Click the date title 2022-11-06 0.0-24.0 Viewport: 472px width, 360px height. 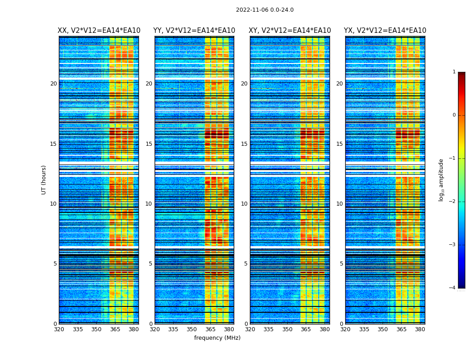pyautogui.click(x=265, y=10)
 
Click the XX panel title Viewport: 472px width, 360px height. pyautogui.click(x=99, y=31)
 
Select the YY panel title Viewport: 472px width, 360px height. pyautogui.click(x=194, y=31)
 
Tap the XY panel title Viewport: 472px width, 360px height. pyautogui.click(x=290, y=31)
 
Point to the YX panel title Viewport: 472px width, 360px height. pyautogui.click(x=385, y=31)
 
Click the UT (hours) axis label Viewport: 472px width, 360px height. pyautogui.click(x=44, y=180)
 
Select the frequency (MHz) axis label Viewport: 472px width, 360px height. pyautogui.click(x=217, y=338)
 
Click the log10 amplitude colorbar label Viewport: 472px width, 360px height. pyautogui.click(x=441, y=180)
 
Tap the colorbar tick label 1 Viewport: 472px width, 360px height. pyautogui.click(x=454, y=72)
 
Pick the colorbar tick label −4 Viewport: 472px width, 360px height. pyautogui.click(x=453, y=288)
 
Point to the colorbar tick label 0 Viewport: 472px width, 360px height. pyautogui.click(x=454, y=115)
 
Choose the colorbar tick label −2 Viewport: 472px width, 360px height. pyautogui.click(x=453, y=202)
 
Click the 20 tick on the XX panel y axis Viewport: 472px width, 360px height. pyautogui.click(x=53, y=84)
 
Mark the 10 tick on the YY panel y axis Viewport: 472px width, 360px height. pyautogui.click(x=149, y=204)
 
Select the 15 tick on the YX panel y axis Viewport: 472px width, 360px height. pyautogui.click(x=339, y=144)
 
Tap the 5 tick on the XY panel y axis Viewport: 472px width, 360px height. pyautogui.click(x=246, y=264)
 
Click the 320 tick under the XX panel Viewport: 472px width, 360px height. pyautogui.click(x=59, y=329)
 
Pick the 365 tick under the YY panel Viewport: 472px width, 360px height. pyautogui.click(x=210, y=329)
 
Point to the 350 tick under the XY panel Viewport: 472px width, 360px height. pyautogui.click(x=287, y=329)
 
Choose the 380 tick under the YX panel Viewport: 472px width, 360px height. pyautogui.click(x=420, y=329)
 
